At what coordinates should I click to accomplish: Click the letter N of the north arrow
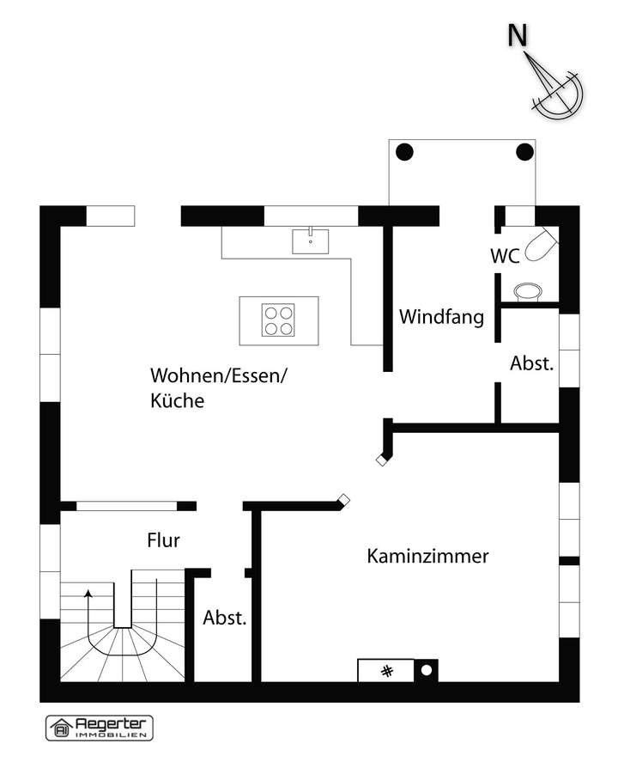(517, 35)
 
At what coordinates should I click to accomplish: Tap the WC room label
(504, 256)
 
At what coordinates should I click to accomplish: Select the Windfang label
(441, 316)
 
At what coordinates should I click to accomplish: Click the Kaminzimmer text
(427, 556)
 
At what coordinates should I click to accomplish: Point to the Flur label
(162, 540)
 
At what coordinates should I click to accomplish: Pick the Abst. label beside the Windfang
(532, 363)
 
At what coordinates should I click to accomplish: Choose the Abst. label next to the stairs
(225, 617)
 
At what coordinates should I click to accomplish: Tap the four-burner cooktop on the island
(279, 320)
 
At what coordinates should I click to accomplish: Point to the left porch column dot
(404, 153)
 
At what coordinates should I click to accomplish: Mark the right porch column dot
(524, 153)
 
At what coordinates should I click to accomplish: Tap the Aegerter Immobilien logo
(99, 727)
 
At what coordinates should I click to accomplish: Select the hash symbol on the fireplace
(387, 670)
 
